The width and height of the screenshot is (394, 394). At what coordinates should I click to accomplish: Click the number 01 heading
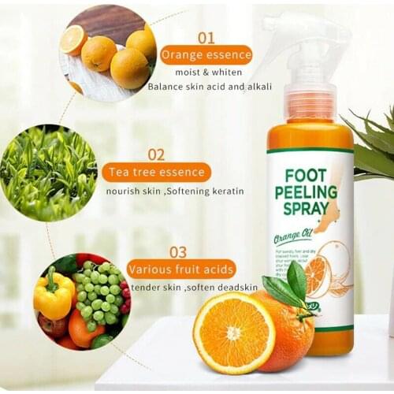[x=206, y=37]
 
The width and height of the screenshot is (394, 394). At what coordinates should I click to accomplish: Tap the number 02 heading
[x=156, y=154]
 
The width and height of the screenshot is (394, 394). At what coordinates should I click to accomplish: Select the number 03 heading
[x=178, y=252]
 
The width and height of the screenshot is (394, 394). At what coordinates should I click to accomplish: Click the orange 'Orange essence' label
[x=206, y=55]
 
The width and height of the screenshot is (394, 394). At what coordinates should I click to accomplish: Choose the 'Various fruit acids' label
[x=181, y=269]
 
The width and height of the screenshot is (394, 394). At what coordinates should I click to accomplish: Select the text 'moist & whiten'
[x=195, y=72]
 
